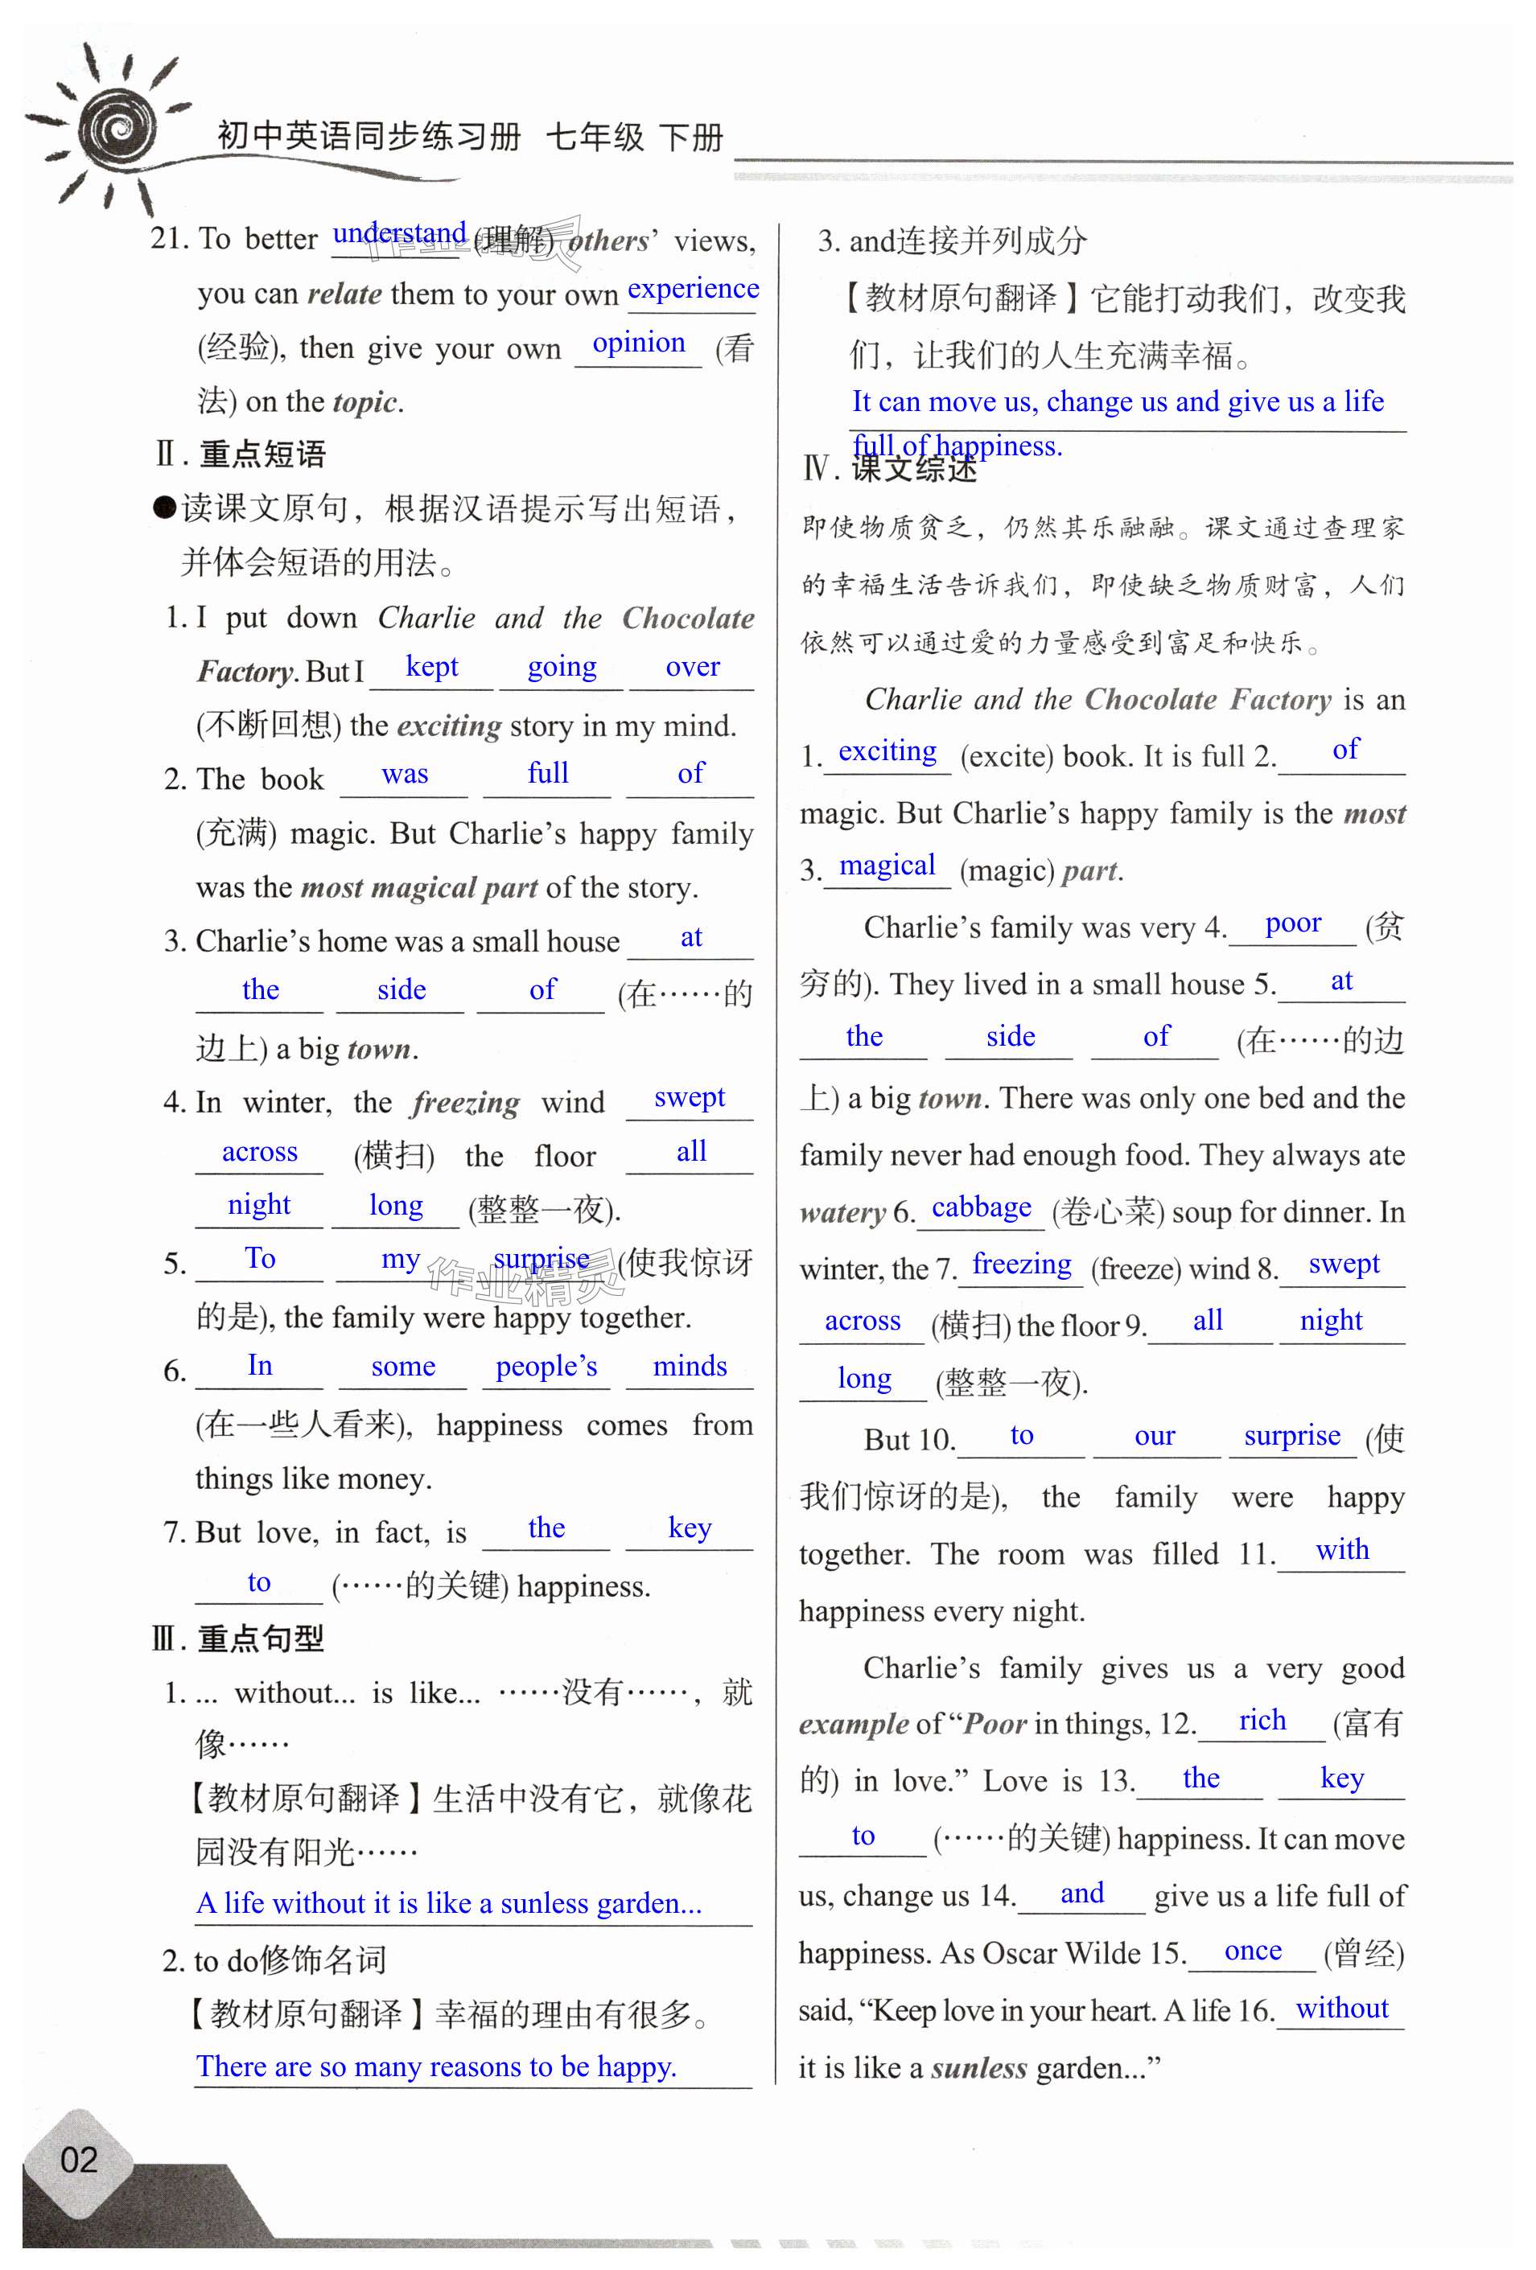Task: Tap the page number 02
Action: [x=78, y=2160]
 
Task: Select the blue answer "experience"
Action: [x=693, y=289]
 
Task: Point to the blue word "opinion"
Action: [x=638, y=343]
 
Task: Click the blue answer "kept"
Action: [x=431, y=666]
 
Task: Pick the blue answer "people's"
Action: [x=546, y=1366]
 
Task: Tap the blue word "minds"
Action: [x=690, y=1366]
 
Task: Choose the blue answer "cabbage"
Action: [x=981, y=1207]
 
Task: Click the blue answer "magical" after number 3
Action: [x=887, y=866]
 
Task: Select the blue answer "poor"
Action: [x=1293, y=923]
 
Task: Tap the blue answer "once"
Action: [x=1253, y=1951]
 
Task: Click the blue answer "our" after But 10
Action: [x=1155, y=1436]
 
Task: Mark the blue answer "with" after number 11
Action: [x=1341, y=1549]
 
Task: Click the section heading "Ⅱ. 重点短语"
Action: [x=241, y=454]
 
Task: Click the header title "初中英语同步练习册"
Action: [x=369, y=137]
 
